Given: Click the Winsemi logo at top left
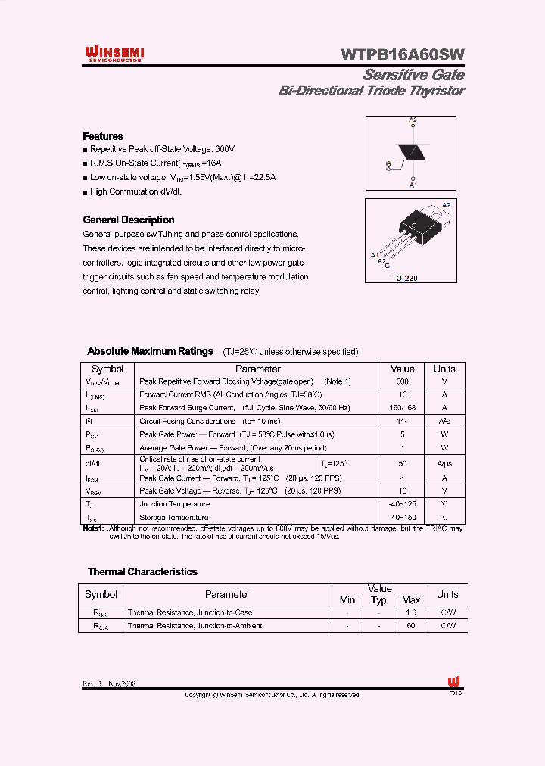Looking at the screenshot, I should [114, 54].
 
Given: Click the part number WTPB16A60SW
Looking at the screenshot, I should [403, 54].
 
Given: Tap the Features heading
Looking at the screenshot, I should [103, 136].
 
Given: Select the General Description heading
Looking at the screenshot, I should [128, 220].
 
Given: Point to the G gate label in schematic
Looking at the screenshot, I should [388, 163].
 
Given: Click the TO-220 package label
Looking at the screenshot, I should [404, 279].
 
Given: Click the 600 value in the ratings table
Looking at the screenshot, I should [402, 382].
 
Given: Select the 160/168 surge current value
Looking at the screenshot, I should [402, 408].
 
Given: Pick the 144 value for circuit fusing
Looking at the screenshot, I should [402, 421].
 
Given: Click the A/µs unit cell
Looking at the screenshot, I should [444, 463].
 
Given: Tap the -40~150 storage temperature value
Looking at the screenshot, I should [402, 518].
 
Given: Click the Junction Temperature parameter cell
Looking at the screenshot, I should [174, 504].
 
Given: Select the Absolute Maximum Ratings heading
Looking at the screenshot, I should [151, 351].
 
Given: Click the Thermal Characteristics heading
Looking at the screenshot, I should [142, 572].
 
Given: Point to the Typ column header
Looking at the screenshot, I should [379, 600].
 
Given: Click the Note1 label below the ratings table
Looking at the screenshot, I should [93, 528].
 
